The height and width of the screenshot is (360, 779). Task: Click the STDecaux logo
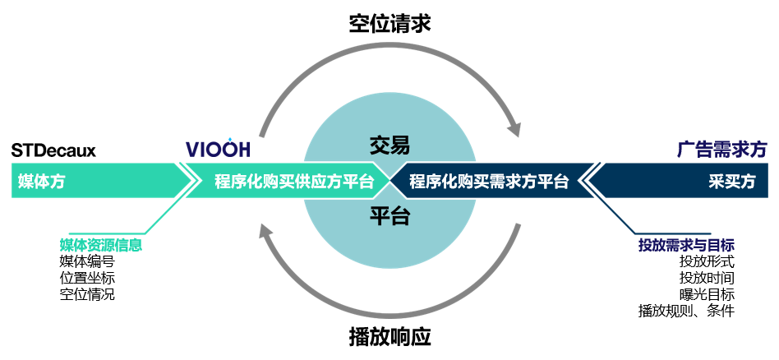point(53,150)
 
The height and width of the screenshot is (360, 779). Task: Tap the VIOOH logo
point(218,149)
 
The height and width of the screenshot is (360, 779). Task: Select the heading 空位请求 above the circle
point(389,23)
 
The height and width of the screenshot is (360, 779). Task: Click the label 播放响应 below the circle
point(389,337)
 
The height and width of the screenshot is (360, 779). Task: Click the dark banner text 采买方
point(731,182)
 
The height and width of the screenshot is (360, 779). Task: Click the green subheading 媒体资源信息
point(100,244)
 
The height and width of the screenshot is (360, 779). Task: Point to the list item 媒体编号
point(87,261)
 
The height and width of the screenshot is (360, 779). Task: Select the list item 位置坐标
point(87,278)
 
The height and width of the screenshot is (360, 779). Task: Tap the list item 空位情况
point(87,294)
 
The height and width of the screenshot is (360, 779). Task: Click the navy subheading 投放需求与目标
point(686,245)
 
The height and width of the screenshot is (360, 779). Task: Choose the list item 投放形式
point(707,261)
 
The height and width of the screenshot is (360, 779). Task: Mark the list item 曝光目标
point(707,294)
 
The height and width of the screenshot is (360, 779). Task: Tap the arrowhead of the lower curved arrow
point(265,233)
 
